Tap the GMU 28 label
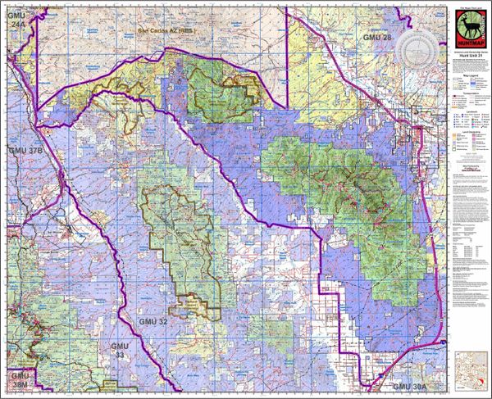coord(380,39)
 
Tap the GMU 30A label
coord(411,385)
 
